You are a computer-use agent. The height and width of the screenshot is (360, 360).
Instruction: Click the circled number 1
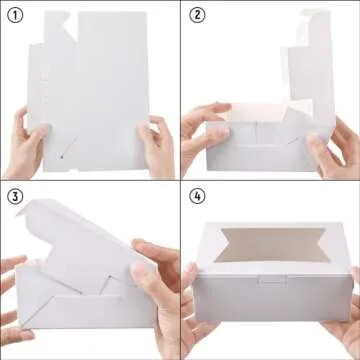pyautogui.click(x=15, y=15)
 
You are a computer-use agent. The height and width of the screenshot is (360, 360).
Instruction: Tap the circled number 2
pyautogui.click(x=197, y=15)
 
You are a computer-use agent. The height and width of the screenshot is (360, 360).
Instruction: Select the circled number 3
pyautogui.click(x=15, y=197)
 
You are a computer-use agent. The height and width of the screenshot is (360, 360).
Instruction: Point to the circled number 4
pyautogui.click(x=197, y=197)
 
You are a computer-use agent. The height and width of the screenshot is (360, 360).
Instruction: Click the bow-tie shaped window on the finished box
pyautogui.click(x=273, y=245)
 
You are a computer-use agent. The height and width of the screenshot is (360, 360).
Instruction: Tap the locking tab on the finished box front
pyautogui.click(x=271, y=279)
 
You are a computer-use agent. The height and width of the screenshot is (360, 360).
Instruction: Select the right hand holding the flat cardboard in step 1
pyautogui.click(x=157, y=147)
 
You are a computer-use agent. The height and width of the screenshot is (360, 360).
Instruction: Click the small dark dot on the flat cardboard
pyautogui.click(x=62, y=156)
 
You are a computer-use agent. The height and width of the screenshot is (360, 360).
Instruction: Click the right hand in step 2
pyautogui.click(x=333, y=148)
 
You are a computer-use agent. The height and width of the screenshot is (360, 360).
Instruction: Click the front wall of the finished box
pyautogui.click(x=273, y=298)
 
